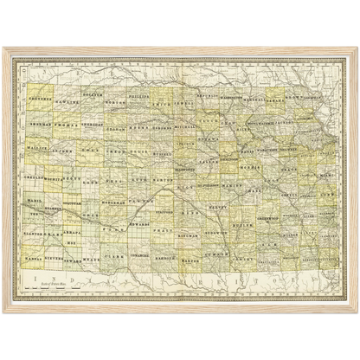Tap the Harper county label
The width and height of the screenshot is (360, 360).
coord(193,257)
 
